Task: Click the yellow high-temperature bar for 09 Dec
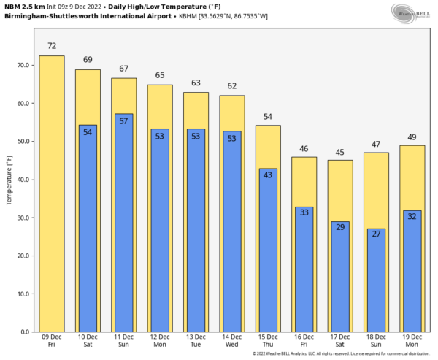tap(51, 194)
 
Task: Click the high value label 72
tap(51, 46)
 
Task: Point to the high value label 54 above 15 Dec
tap(268, 117)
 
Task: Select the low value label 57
tap(123, 121)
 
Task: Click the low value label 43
tap(268, 175)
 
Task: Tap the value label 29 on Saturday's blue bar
tap(340, 228)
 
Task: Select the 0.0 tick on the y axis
tap(25, 332)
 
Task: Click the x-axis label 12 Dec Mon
tap(160, 341)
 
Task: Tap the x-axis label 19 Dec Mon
tap(412, 341)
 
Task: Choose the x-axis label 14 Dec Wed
tap(232, 341)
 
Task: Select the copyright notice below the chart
tap(339, 354)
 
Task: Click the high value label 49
tap(412, 137)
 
